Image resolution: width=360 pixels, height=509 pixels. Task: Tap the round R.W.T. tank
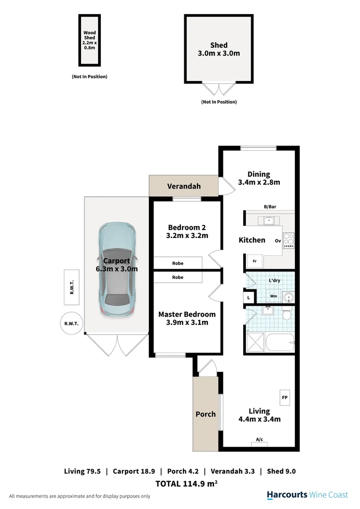click(x=72, y=323)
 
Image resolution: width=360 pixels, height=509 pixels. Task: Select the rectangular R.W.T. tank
click(x=72, y=287)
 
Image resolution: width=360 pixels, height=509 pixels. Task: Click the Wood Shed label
click(x=90, y=35)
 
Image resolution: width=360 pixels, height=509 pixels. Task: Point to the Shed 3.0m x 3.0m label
click(x=219, y=49)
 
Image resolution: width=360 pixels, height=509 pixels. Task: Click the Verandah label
click(x=184, y=186)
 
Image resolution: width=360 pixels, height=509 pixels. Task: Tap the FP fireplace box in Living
click(x=285, y=397)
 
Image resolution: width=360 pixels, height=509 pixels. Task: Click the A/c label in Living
click(x=259, y=440)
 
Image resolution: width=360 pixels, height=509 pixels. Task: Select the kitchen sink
click(x=269, y=221)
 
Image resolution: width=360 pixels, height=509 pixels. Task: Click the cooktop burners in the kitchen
click(x=288, y=240)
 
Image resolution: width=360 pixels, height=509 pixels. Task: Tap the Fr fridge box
click(x=255, y=261)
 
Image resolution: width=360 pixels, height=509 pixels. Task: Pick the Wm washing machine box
click(x=274, y=296)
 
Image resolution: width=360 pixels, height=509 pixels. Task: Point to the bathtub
click(x=280, y=342)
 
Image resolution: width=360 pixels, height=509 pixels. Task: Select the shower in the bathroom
click(x=255, y=342)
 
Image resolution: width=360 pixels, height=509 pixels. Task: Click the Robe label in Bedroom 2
click(x=178, y=263)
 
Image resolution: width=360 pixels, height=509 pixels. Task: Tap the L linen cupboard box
click(x=249, y=298)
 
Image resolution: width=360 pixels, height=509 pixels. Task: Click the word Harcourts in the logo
click(x=287, y=495)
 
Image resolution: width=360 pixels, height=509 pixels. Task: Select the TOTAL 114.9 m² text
click(x=186, y=484)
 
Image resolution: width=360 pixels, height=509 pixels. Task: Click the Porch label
click(x=205, y=414)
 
